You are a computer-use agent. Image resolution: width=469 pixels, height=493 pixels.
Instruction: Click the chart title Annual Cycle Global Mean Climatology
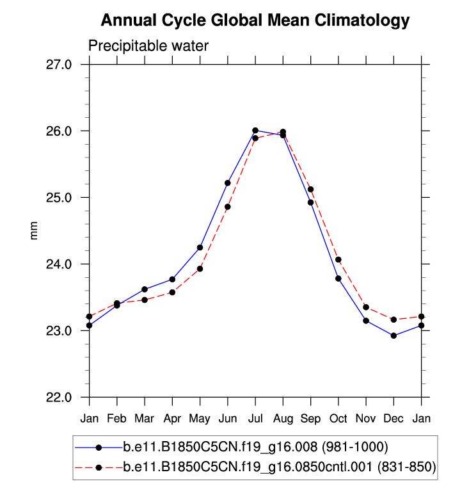click(x=255, y=20)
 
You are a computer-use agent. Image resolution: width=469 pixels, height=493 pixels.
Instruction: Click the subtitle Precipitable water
click(x=148, y=46)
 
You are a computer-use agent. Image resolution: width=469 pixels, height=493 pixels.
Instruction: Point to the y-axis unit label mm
click(x=35, y=231)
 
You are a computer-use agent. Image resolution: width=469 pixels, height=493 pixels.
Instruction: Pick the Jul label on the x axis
click(x=255, y=419)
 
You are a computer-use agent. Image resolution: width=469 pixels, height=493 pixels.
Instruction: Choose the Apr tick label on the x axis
click(x=172, y=419)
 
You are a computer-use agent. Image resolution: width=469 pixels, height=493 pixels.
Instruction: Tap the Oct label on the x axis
click(x=338, y=419)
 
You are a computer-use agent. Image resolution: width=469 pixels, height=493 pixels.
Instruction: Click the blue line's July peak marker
click(x=255, y=131)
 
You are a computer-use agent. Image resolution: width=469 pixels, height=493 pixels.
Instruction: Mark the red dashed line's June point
click(x=228, y=207)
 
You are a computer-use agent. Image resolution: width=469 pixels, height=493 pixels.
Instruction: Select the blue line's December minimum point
click(x=393, y=335)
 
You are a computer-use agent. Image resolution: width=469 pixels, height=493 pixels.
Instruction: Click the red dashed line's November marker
click(x=366, y=307)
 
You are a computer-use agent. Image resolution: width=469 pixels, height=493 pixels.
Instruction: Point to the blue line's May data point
click(x=200, y=247)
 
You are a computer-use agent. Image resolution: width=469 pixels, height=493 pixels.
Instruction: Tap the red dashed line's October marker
click(x=338, y=259)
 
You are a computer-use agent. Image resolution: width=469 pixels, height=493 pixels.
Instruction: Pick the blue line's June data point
click(x=228, y=183)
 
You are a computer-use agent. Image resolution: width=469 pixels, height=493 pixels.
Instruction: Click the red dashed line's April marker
click(x=172, y=293)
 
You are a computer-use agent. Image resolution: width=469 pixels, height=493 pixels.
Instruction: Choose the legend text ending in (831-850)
click(x=279, y=468)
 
